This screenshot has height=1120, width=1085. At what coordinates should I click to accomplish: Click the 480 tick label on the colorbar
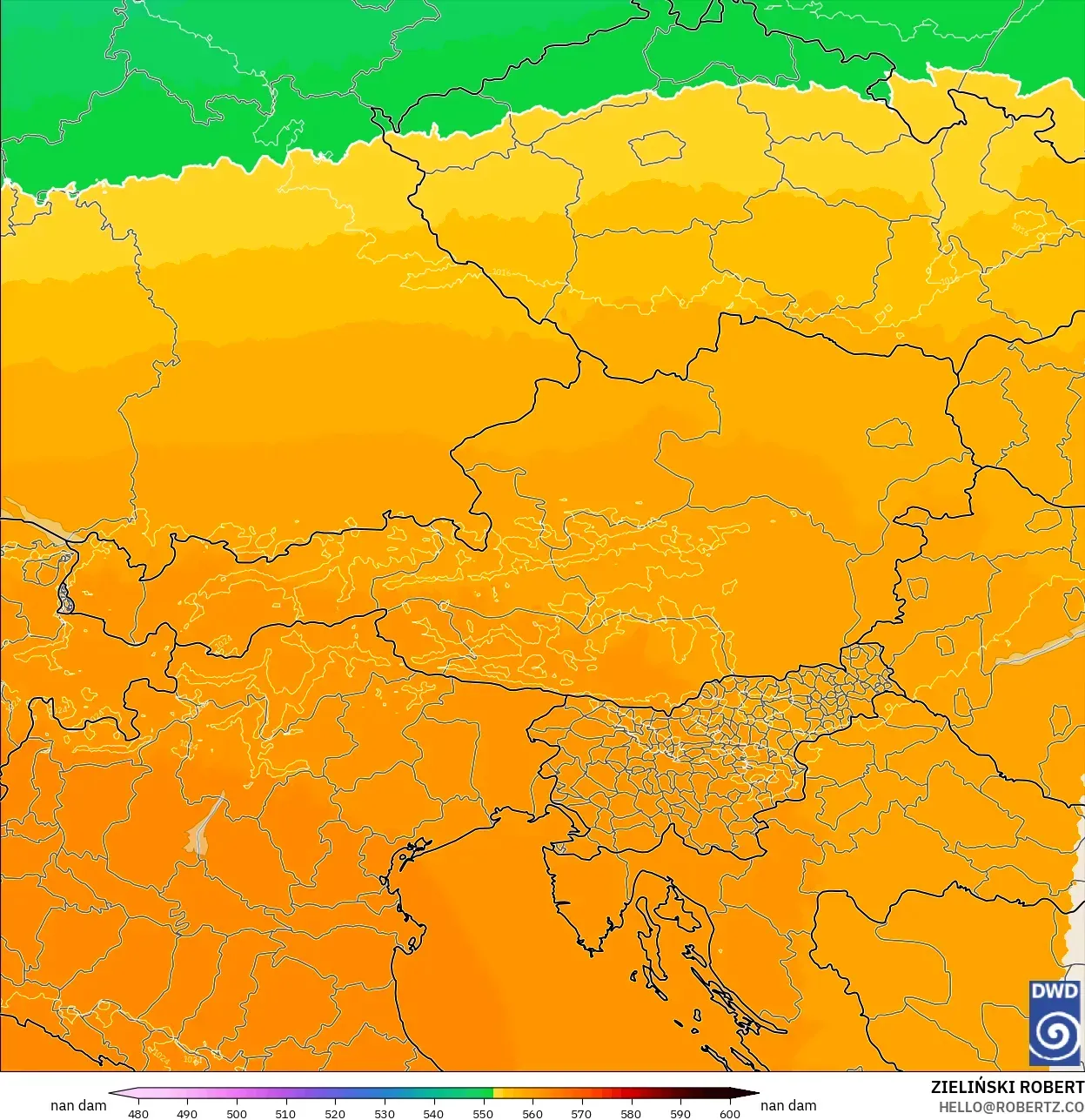tap(137, 1113)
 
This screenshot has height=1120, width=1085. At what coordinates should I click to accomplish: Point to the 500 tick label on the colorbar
tap(237, 1113)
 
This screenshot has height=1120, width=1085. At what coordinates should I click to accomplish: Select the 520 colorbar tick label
tap(335, 1113)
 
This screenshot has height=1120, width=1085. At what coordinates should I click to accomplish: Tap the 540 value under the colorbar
tap(433, 1113)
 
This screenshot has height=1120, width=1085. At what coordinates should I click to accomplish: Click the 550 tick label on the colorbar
tap(483, 1113)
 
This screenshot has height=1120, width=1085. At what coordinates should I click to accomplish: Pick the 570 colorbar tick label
tap(581, 1113)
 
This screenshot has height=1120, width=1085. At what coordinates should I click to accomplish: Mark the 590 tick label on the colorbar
tap(680, 1113)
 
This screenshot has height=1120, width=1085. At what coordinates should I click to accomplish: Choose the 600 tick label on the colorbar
tap(730, 1113)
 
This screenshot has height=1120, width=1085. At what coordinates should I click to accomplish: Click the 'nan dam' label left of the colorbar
tap(78, 1105)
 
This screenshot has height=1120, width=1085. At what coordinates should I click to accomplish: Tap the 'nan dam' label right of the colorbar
tap(788, 1105)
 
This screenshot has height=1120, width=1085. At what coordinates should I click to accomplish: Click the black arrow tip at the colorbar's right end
tap(753, 1094)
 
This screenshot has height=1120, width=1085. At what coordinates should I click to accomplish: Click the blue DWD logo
tap(1055, 1023)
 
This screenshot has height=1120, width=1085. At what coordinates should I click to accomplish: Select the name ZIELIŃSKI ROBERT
tap(1007, 1087)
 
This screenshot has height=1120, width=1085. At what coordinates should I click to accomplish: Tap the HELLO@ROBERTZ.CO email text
tap(1011, 1107)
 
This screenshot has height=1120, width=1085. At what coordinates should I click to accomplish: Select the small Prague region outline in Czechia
tap(657, 148)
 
